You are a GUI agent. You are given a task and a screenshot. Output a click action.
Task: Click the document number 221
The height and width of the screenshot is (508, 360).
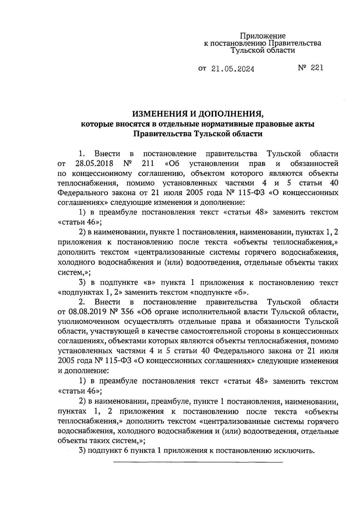pos(317,68)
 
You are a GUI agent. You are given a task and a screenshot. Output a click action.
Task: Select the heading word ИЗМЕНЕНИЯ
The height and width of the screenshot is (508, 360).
pos(159,114)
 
